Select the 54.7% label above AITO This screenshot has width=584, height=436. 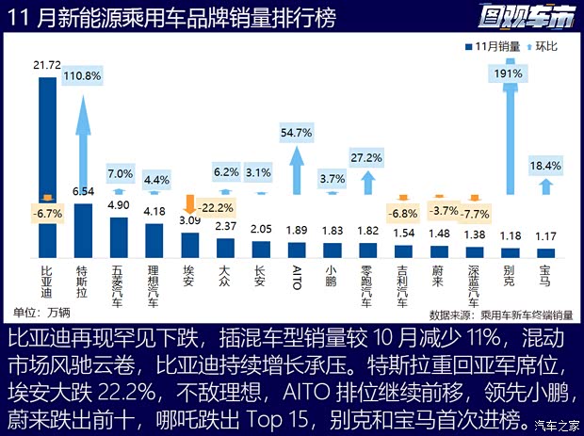pos(296,133)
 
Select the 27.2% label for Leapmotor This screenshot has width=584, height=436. pos(365,157)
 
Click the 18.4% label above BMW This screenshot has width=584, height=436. pos(545,166)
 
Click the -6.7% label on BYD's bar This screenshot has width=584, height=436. pos(46,214)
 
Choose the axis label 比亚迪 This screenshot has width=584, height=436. pos(47,282)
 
